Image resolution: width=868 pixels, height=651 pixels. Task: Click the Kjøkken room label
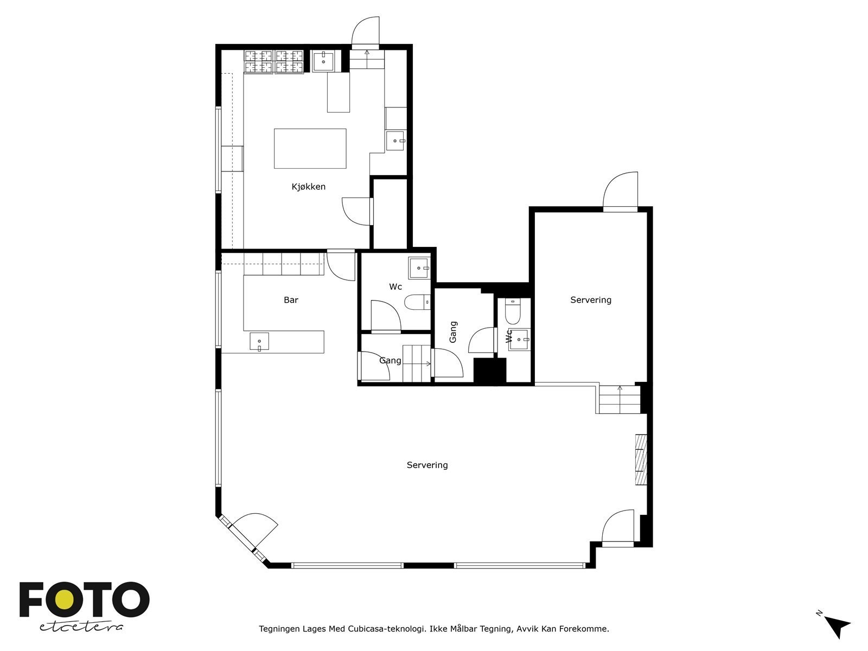click(308, 187)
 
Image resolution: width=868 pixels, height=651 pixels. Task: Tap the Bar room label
click(291, 300)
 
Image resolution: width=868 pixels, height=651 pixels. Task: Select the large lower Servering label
click(427, 465)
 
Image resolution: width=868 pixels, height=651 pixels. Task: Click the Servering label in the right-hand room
click(590, 300)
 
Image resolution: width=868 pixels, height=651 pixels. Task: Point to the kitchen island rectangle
click(310, 149)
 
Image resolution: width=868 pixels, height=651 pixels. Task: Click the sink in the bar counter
click(259, 342)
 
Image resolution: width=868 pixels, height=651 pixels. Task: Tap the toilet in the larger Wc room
click(418, 302)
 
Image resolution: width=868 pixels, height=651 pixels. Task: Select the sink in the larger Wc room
click(419, 268)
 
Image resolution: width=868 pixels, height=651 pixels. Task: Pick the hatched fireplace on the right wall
click(641, 459)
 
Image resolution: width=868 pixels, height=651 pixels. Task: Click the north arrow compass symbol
click(838, 626)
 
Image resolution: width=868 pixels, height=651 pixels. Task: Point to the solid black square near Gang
click(489, 371)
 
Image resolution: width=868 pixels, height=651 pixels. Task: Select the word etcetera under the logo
click(81, 627)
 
